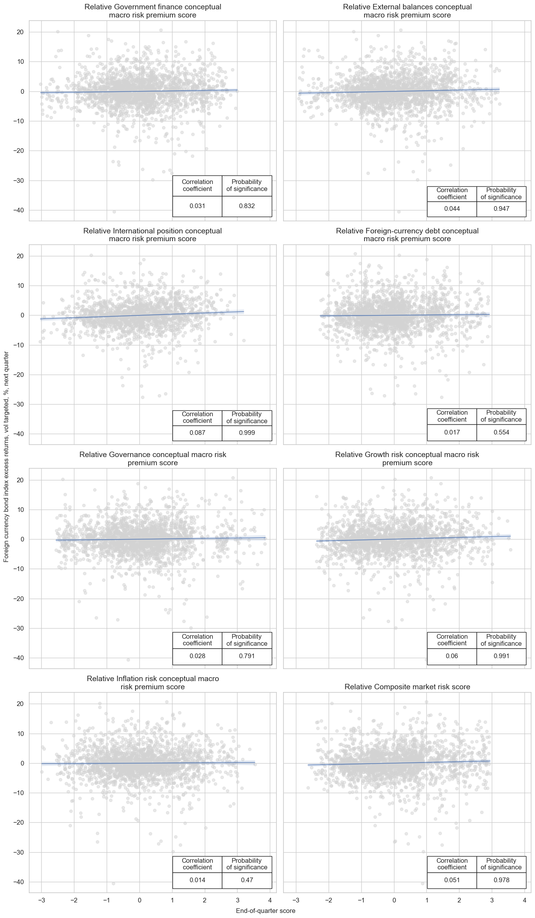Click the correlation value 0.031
coord(197,206)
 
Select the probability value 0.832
coord(247,206)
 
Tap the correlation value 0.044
coord(452,208)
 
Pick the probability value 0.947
coord(501,208)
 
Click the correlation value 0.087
coord(197,433)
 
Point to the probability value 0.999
coord(247,433)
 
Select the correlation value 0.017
coord(452,432)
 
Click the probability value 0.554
coord(501,432)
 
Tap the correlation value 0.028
coord(197,656)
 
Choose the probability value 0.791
coord(247,656)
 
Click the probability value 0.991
coord(501,656)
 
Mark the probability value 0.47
coord(247,880)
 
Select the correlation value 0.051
coord(452,880)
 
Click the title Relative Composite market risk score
coord(407,687)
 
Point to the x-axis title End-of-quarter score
coord(266,911)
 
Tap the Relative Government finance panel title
coord(153,11)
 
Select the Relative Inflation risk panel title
coord(153,683)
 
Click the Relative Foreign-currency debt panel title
coord(407,235)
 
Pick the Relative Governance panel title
coord(153,459)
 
